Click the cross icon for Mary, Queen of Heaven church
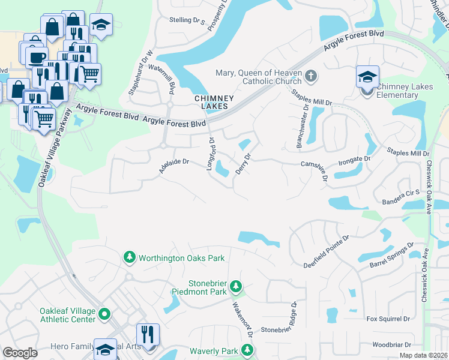tap(310, 76)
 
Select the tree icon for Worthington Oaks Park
tap(129, 258)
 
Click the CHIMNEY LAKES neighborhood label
tap(210, 102)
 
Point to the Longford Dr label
tap(211, 154)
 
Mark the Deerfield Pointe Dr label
tap(326, 252)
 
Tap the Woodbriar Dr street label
tap(391, 345)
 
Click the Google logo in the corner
tap(20, 353)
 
